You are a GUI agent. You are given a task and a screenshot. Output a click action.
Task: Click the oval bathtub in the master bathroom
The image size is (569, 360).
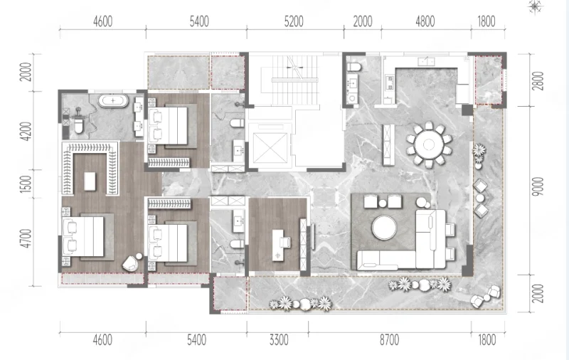113,100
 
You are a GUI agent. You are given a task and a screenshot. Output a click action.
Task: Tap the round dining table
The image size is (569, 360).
429,144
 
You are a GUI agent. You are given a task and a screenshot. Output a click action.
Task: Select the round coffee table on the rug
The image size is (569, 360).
384,228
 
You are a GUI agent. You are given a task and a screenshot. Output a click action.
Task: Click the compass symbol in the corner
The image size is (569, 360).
535,6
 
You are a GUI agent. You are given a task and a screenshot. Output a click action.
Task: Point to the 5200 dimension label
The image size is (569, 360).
294,22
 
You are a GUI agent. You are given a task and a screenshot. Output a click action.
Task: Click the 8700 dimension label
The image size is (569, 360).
389,340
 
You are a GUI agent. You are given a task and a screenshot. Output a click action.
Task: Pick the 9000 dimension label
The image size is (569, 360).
538,186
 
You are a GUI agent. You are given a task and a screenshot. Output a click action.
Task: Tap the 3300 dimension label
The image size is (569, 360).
279,340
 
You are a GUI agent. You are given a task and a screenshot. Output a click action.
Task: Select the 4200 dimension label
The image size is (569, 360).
26,132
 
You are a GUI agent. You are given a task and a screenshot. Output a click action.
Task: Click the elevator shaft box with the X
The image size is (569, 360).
270,148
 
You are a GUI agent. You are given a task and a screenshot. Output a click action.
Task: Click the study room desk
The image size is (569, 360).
277,245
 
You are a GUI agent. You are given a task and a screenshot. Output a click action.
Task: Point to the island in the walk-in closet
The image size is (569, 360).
90,181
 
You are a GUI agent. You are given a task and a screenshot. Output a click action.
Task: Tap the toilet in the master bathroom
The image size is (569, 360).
78,125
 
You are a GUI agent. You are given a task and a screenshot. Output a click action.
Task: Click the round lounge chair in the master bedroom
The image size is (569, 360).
131,263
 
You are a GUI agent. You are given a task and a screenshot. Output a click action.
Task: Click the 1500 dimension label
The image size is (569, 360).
26,184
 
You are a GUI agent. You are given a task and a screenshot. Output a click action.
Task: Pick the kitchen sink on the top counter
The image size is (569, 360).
426,61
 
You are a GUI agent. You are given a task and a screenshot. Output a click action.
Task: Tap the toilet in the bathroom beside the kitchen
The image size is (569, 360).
353,67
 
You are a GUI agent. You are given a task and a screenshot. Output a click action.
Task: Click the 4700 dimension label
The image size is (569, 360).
26,238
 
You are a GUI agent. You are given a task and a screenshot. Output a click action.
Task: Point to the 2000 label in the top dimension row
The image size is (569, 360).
363,22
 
